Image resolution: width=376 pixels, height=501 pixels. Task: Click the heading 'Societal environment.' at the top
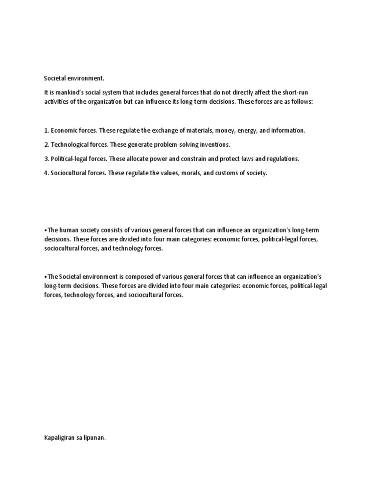click(74, 78)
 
